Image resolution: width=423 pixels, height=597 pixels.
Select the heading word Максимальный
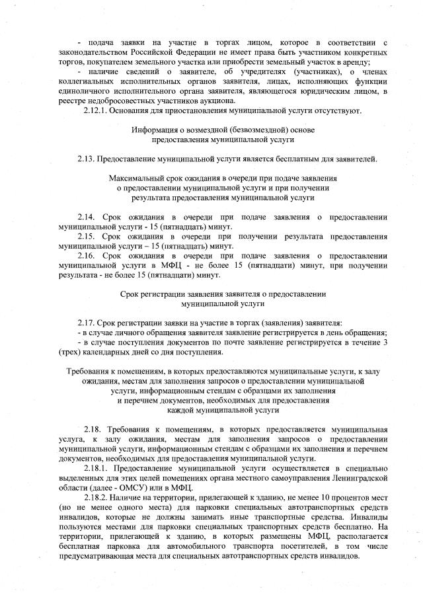(x=136, y=179)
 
